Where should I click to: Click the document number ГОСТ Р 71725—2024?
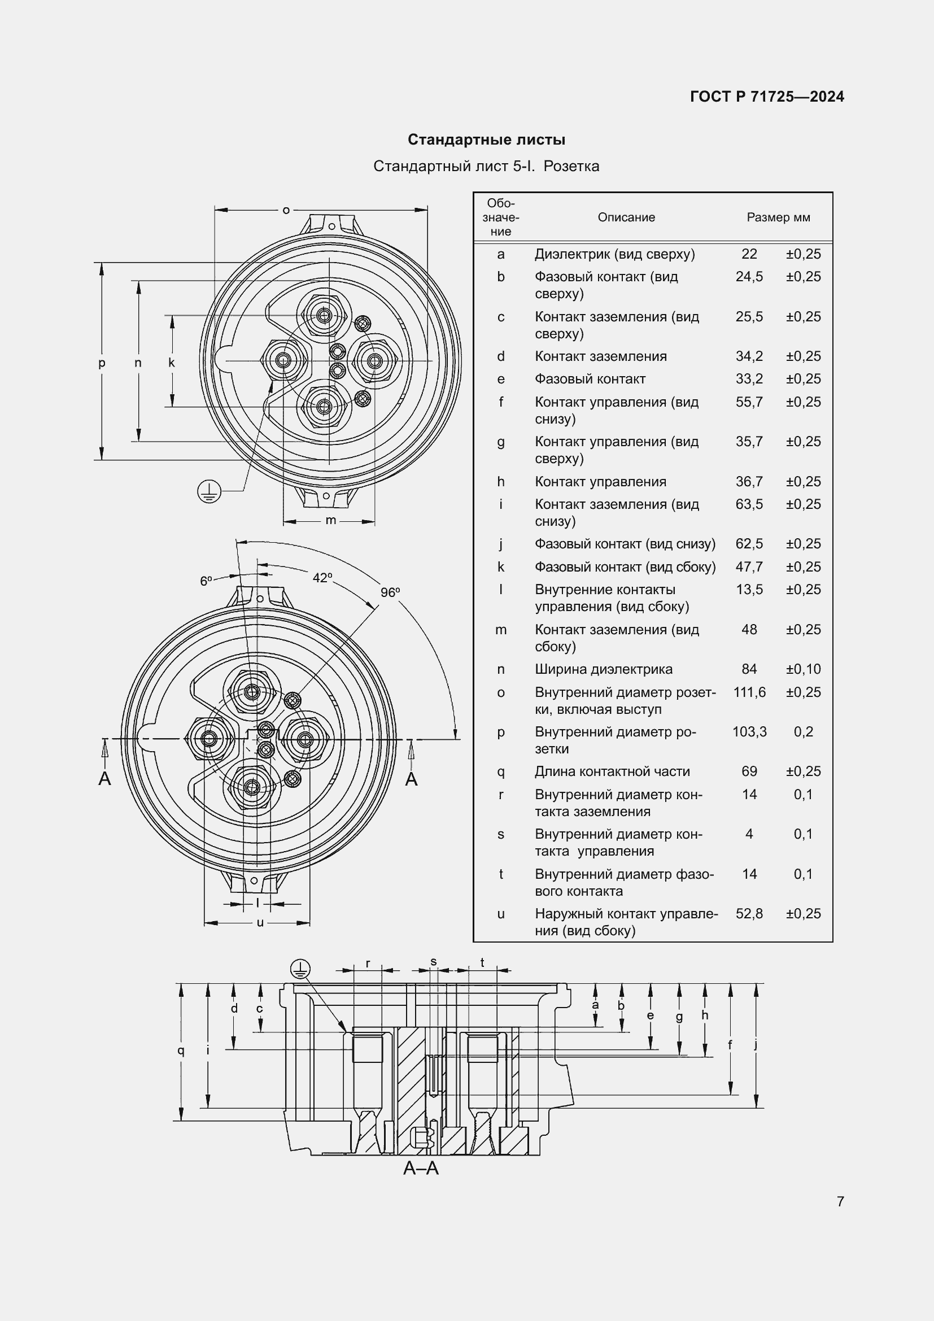point(767,97)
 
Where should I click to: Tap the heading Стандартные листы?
point(486,140)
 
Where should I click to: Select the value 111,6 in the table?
point(749,692)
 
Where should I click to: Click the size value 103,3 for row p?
point(749,732)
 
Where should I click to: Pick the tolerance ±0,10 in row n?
point(803,669)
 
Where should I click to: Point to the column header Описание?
point(626,217)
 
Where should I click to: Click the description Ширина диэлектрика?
point(603,669)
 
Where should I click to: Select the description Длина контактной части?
point(612,771)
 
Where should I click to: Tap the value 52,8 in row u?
point(749,914)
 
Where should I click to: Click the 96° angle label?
point(390,592)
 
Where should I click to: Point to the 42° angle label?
point(322,578)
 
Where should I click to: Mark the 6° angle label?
point(206,581)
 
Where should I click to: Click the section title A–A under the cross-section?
point(421,1169)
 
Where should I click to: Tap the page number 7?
point(840,1201)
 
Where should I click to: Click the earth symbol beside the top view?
point(209,491)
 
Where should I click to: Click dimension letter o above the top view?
point(286,210)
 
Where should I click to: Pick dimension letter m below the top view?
point(331,521)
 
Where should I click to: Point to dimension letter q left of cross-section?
point(181,1051)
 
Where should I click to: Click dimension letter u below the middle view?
point(260,923)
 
